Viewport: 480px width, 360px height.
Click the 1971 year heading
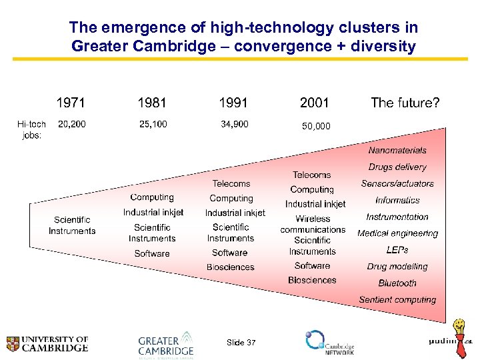point(71,103)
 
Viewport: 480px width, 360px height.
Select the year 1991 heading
point(233,103)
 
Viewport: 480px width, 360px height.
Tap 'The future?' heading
point(405,103)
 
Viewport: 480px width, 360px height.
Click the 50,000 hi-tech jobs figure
point(315,126)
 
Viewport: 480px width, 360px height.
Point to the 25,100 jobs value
point(153,124)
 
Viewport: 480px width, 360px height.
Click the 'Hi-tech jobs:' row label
point(31,129)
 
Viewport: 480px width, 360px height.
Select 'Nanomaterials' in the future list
point(397,150)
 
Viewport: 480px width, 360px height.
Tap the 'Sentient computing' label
point(397,300)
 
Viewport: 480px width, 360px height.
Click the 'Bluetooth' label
point(397,283)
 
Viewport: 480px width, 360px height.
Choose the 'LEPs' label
point(397,250)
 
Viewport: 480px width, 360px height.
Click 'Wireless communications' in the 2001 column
point(313,224)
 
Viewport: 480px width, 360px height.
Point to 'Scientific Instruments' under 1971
point(72,225)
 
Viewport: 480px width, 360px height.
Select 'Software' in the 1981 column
point(152,253)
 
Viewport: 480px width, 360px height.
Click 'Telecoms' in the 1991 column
point(231,183)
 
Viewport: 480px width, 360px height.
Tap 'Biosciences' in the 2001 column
point(312,280)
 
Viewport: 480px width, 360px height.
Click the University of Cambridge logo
point(47,343)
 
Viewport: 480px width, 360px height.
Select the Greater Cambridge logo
point(166,345)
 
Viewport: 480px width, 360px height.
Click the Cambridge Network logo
point(329,343)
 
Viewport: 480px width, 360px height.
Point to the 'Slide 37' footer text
point(241,343)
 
